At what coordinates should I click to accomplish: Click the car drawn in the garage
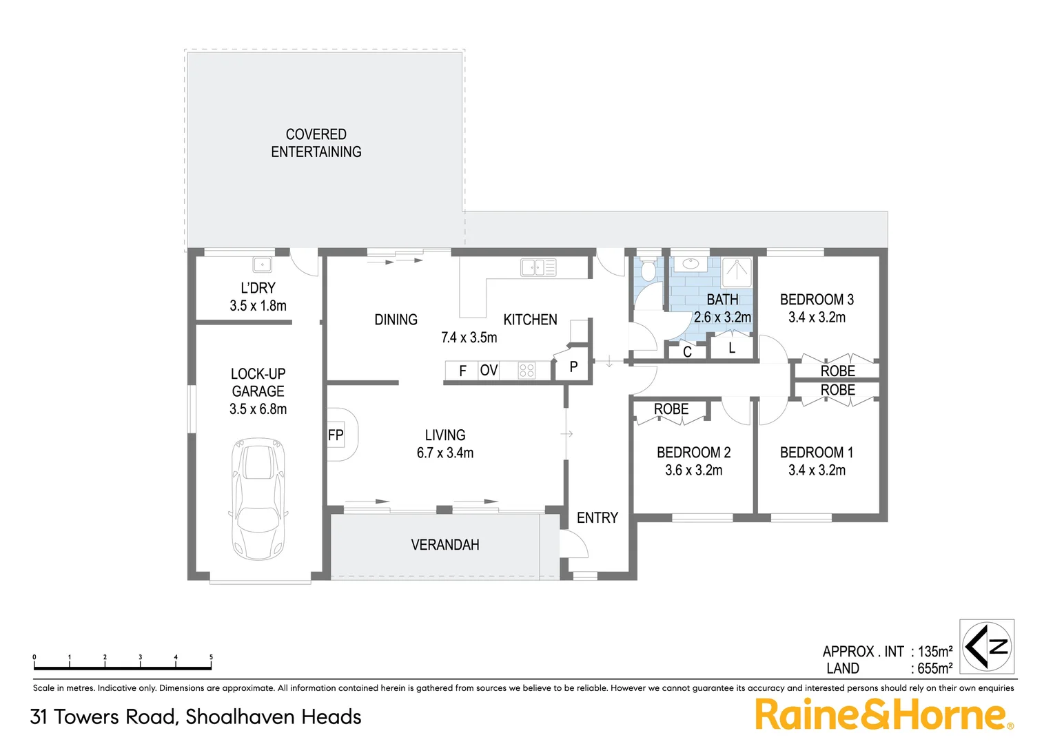(258, 499)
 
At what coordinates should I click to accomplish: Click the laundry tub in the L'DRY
(262, 265)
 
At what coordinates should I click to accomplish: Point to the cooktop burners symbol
(526, 371)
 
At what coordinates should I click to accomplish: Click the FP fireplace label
(336, 435)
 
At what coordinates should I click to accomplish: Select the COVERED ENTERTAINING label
(316, 143)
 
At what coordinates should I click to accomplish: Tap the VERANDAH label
(445, 545)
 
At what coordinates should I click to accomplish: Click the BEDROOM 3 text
(817, 300)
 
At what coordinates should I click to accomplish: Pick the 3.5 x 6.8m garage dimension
(258, 409)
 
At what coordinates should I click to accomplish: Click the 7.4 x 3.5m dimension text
(469, 338)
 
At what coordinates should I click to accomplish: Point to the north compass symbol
(988, 646)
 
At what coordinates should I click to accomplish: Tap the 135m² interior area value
(935, 652)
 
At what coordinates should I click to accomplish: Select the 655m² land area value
(935, 669)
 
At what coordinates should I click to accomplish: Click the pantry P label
(573, 367)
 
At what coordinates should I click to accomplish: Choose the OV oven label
(489, 371)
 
